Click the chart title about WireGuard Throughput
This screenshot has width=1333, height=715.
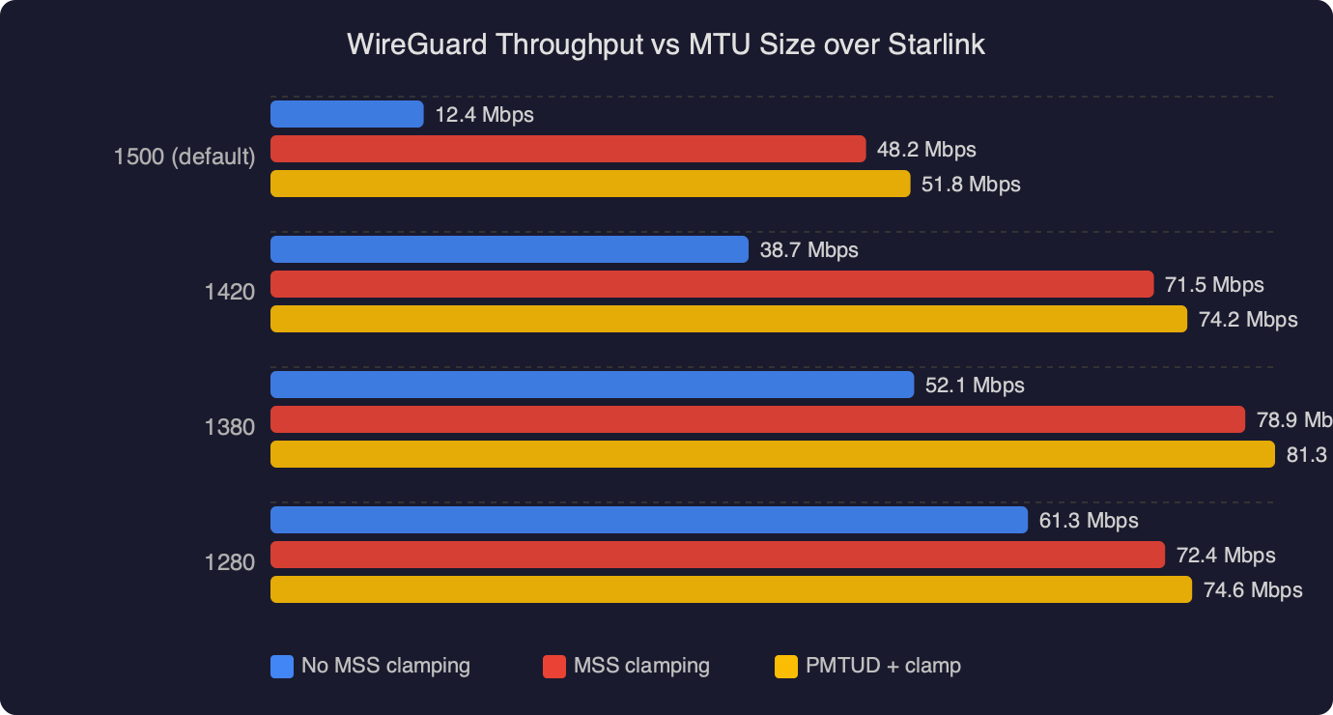[666, 44]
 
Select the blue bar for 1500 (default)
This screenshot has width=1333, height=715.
[347, 114]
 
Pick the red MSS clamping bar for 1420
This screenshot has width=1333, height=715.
[712, 284]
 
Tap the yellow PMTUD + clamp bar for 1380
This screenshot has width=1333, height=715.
[772, 454]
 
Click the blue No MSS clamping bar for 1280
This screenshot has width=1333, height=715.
[648, 520]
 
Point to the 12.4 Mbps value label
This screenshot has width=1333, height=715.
[484, 115]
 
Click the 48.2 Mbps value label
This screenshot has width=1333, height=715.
[926, 150]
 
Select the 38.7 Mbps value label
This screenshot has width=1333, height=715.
[808, 250]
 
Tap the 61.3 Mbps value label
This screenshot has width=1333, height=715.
[1089, 521]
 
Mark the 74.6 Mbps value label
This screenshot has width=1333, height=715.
[1253, 590]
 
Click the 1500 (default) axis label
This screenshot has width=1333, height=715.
[184, 157]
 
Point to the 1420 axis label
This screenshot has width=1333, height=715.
[230, 292]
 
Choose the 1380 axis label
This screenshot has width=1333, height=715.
[230, 427]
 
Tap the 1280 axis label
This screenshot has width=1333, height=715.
[230, 562]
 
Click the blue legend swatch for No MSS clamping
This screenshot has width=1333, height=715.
[282, 666]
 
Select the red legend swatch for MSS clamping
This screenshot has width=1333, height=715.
[554, 666]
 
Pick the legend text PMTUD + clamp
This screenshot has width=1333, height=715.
[883, 666]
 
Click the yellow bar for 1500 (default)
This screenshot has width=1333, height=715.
[589, 184]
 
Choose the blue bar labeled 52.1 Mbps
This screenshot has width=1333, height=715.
[591, 385]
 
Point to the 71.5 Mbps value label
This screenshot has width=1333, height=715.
[1214, 285]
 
